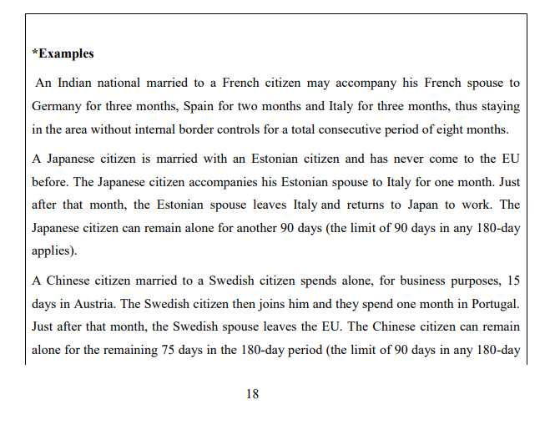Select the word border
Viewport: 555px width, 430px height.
tap(225, 130)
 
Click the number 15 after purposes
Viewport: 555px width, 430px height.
tap(512, 281)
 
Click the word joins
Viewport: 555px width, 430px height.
tap(265, 304)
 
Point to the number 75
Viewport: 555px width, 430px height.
tap(170, 351)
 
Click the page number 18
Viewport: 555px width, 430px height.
tap(252, 394)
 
